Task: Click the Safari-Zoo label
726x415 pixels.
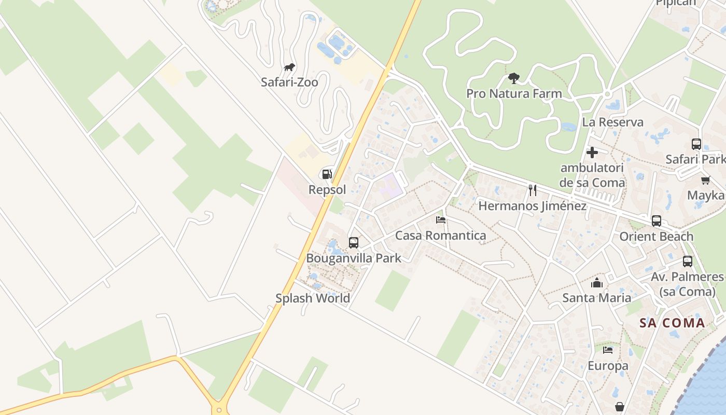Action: click(289, 82)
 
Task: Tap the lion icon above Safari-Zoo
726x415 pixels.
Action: click(289, 67)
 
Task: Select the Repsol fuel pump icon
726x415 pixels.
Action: click(327, 174)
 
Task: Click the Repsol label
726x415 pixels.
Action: click(327, 190)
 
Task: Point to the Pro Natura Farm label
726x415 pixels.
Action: click(514, 94)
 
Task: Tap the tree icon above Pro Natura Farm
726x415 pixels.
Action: click(514, 78)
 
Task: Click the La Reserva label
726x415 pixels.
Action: click(612, 122)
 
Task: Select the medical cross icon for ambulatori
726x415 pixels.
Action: click(592, 153)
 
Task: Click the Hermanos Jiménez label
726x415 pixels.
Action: click(532, 206)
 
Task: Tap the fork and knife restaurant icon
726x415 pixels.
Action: click(532, 190)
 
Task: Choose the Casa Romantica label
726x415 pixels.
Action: click(441, 236)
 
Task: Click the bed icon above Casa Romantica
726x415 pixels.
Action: click(441, 220)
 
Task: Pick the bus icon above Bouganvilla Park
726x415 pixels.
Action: click(354, 242)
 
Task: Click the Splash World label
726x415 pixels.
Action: click(313, 298)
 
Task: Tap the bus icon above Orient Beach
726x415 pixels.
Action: click(657, 221)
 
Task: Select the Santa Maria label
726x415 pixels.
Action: click(597, 298)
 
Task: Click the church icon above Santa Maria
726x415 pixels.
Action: click(597, 283)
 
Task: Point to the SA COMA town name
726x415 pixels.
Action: click(672, 323)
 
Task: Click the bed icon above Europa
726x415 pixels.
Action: click(608, 350)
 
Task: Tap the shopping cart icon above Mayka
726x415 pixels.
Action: click(705, 180)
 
